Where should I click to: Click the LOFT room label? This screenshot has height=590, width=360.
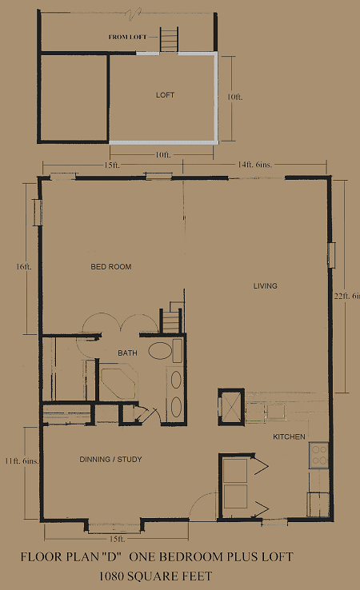165,95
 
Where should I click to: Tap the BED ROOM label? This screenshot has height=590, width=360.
111,267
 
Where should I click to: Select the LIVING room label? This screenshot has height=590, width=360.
265,286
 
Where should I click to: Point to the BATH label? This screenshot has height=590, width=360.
127,353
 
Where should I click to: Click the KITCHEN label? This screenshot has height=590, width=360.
290,437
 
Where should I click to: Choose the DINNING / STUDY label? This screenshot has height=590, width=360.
110,459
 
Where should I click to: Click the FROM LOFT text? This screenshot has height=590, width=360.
127,37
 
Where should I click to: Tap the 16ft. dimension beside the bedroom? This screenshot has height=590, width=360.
24,266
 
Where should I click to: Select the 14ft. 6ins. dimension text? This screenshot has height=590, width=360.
254,165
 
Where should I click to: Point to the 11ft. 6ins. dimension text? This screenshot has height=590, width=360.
22,460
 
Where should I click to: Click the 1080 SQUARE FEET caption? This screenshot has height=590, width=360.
155,576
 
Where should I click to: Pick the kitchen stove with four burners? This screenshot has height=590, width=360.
319,456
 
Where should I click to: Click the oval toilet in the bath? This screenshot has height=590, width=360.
160,350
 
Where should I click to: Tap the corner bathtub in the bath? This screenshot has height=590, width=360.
118,381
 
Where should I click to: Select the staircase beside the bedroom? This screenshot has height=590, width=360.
172,318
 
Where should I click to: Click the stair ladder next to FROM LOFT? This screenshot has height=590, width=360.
169,39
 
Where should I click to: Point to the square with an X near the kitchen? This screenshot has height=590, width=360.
231,407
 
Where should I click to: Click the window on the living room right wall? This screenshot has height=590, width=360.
331,255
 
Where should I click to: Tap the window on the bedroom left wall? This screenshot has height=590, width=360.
38,212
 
